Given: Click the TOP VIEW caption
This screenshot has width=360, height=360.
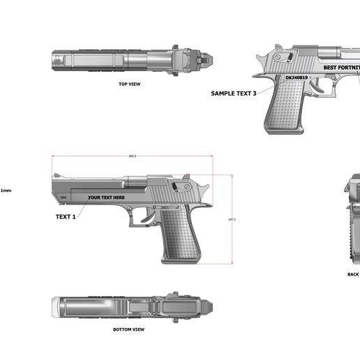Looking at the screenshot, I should click(x=130, y=84).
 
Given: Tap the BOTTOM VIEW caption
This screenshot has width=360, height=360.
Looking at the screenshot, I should click(x=128, y=329).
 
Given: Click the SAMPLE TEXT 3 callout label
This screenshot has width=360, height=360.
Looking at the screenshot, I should click(x=234, y=93).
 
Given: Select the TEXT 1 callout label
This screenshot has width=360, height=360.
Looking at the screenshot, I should click(x=65, y=216).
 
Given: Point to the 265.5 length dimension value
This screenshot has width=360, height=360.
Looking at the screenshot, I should click(x=132, y=156).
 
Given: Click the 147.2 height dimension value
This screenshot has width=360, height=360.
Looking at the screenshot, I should click(x=232, y=220).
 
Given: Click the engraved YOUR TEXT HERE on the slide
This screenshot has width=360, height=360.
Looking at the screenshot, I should click(x=106, y=197).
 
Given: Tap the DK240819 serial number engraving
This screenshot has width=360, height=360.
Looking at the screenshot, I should click(x=297, y=78).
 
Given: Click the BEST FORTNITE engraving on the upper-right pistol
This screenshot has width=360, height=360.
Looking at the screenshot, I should click(x=341, y=68).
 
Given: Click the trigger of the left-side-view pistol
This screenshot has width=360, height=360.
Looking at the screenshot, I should click(x=144, y=217).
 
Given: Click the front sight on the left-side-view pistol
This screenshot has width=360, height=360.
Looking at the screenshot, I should click(x=57, y=175).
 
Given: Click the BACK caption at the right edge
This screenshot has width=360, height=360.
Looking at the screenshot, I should click(x=353, y=274).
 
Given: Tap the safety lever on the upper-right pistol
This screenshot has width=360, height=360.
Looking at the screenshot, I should click(x=278, y=57).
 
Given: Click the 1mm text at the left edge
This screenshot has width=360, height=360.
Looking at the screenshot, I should click(x=6, y=190).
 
